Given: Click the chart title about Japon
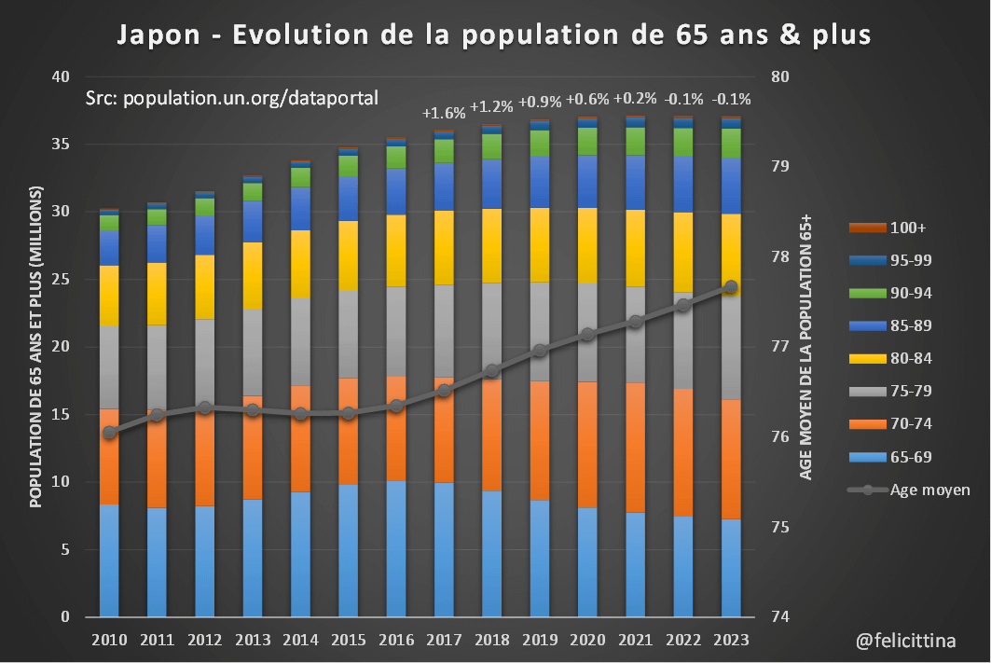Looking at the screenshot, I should point(494,35).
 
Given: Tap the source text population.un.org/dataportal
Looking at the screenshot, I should point(231,97).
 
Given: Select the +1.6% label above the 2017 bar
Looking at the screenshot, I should point(444,113).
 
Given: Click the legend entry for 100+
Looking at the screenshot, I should point(889,228).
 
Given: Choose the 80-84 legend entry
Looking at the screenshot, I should point(889,358).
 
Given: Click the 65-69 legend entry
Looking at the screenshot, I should point(889,457).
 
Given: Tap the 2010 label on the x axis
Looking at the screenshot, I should point(109,641).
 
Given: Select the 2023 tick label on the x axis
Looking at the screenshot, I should point(731,641).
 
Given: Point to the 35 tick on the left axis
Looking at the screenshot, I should point(62,145).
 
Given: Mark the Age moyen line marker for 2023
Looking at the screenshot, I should point(731,287).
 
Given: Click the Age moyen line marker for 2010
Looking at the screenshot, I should point(109,433).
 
